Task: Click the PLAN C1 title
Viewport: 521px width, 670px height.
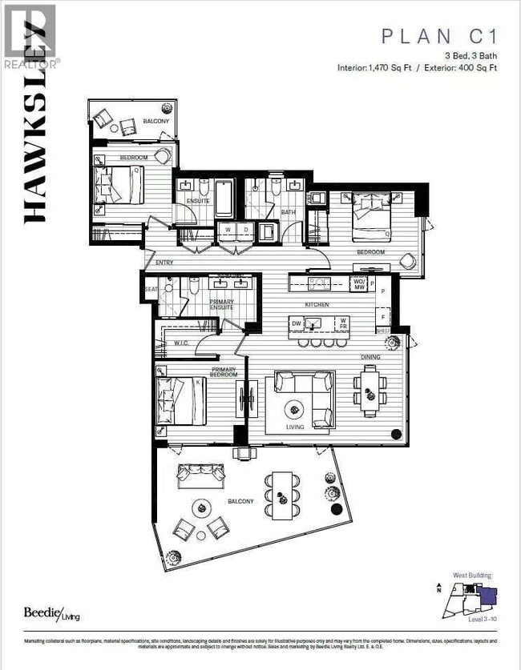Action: pyautogui.click(x=439, y=35)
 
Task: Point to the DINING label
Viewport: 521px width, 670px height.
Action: pyautogui.click(x=370, y=356)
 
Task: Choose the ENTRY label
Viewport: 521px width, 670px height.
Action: pyautogui.click(x=164, y=262)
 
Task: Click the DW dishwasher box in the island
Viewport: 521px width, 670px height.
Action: pyautogui.click(x=297, y=323)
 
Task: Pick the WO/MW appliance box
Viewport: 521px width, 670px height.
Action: pyautogui.click(x=360, y=283)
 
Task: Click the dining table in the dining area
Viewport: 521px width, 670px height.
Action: pyautogui.click(x=369, y=390)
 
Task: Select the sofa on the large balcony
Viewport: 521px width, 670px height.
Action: pyautogui.click(x=201, y=474)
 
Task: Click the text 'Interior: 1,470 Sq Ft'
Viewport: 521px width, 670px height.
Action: pyautogui.click(x=374, y=67)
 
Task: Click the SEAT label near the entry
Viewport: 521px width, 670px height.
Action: pyautogui.click(x=150, y=289)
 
